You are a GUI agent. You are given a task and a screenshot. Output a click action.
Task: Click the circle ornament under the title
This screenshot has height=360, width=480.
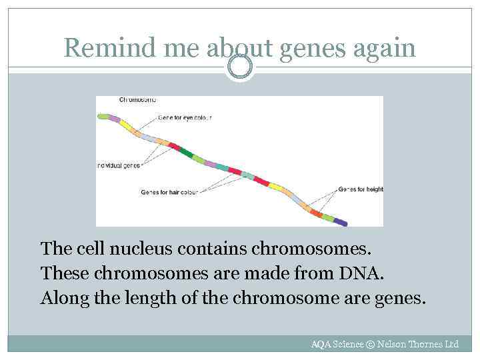pyautogui.click(x=239, y=65)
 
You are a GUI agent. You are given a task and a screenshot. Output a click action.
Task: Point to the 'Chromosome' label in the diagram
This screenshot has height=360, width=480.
pyautogui.click(x=138, y=100)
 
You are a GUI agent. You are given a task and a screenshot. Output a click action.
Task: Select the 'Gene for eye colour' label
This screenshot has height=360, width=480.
pyautogui.click(x=185, y=118)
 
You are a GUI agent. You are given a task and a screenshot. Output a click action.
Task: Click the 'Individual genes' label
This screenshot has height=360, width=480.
pyautogui.click(x=118, y=165)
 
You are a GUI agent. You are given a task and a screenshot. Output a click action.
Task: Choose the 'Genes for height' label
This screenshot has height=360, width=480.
pyautogui.click(x=361, y=189)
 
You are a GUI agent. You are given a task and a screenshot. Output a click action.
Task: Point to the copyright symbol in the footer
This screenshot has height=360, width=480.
pyautogui.click(x=370, y=344)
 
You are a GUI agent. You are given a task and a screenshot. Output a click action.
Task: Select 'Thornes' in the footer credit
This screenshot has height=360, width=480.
pyautogui.click(x=425, y=344)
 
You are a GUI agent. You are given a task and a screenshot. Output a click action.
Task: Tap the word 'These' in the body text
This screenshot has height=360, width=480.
pyautogui.click(x=62, y=273)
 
